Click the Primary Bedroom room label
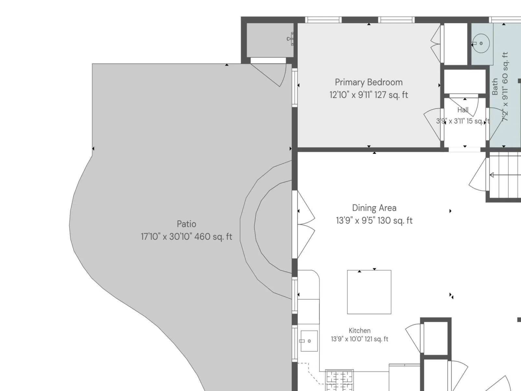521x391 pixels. [369, 82]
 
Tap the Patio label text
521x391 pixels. [186, 224]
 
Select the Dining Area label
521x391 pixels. [374, 208]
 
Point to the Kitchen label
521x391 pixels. [359, 330]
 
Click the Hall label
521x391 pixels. [463, 110]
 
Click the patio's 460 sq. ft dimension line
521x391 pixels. [186, 237]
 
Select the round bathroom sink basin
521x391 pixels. [481, 43]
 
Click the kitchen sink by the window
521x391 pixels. [309, 341]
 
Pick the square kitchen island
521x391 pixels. [369, 292]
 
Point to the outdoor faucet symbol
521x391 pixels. [290, 39]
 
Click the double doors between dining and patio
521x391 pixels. [306, 224]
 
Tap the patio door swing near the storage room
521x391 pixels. [271, 74]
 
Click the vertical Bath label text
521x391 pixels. [495, 87]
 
